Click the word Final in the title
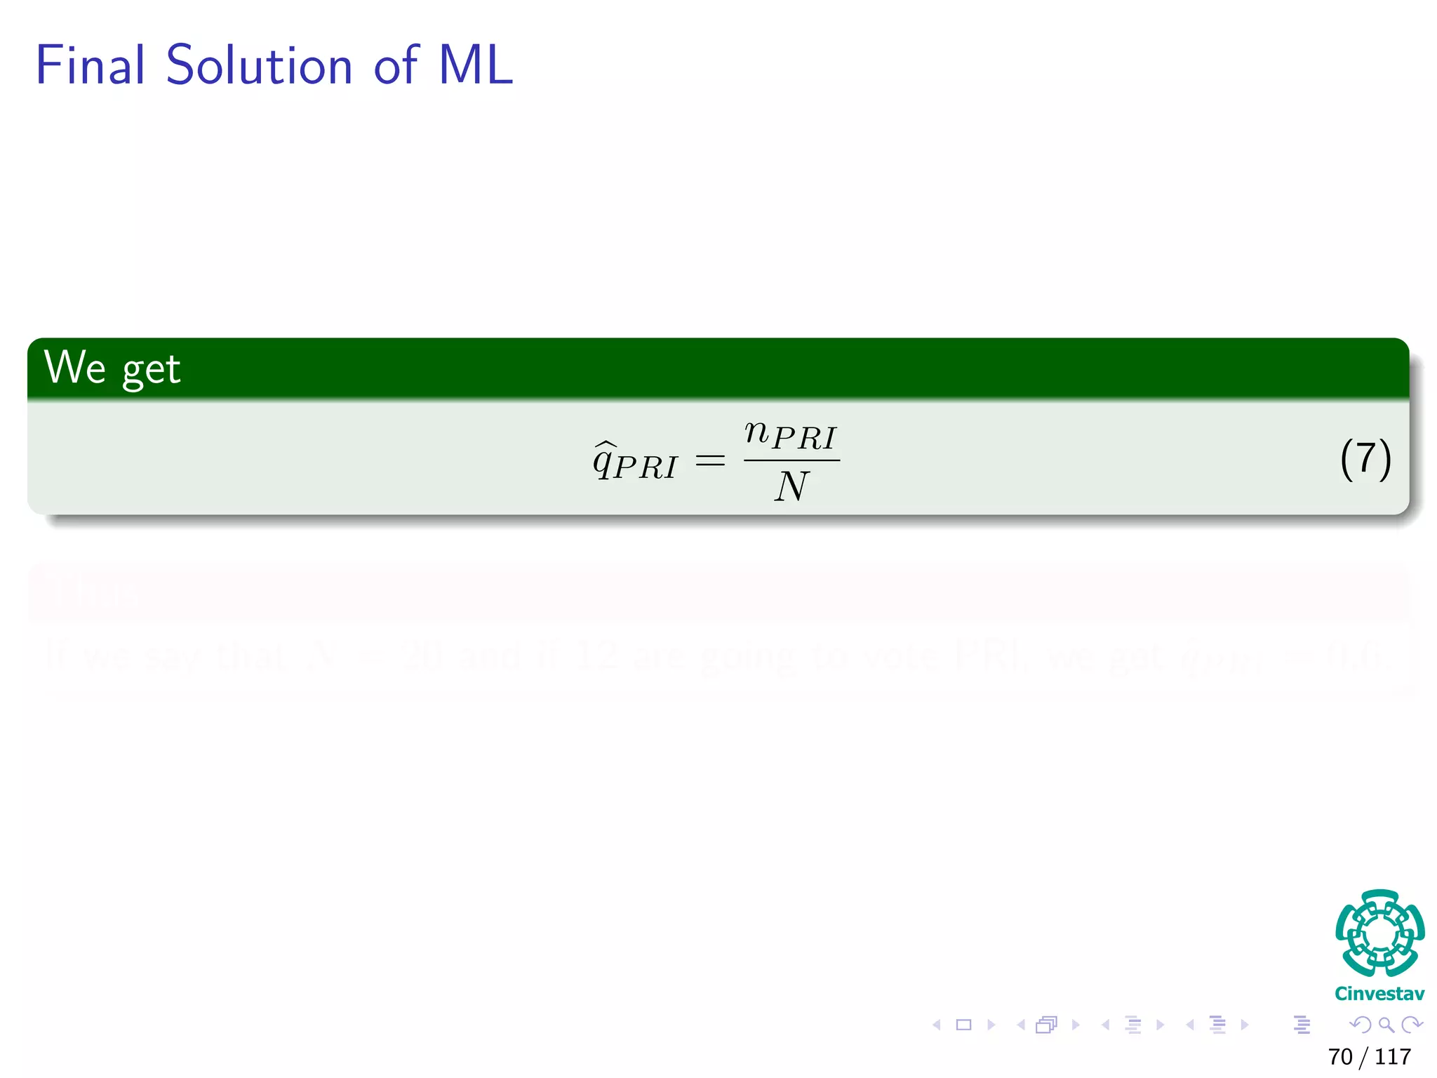(x=90, y=65)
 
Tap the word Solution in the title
(x=258, y=65)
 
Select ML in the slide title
(x=475, y=65)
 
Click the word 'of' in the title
(x=396, y=65)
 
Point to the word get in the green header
(x=151, y=371)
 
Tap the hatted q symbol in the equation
(x=605, y=461)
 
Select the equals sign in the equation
(x=709, y=461)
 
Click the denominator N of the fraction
(x=791, y=486)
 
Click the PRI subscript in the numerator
(x=804, y=439)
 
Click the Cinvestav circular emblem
(x=1379, y=933)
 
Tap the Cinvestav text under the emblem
(x=1379, y=994)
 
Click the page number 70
(x=1340, y=1056)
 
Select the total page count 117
(x=1393, y=1056)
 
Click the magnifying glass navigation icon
(x=1386, y=1025)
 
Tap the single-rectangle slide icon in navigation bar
(x=963, y=1025)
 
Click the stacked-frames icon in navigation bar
(x=1046, y=1025)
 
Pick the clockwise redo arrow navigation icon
(x=1411, y=1025)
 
